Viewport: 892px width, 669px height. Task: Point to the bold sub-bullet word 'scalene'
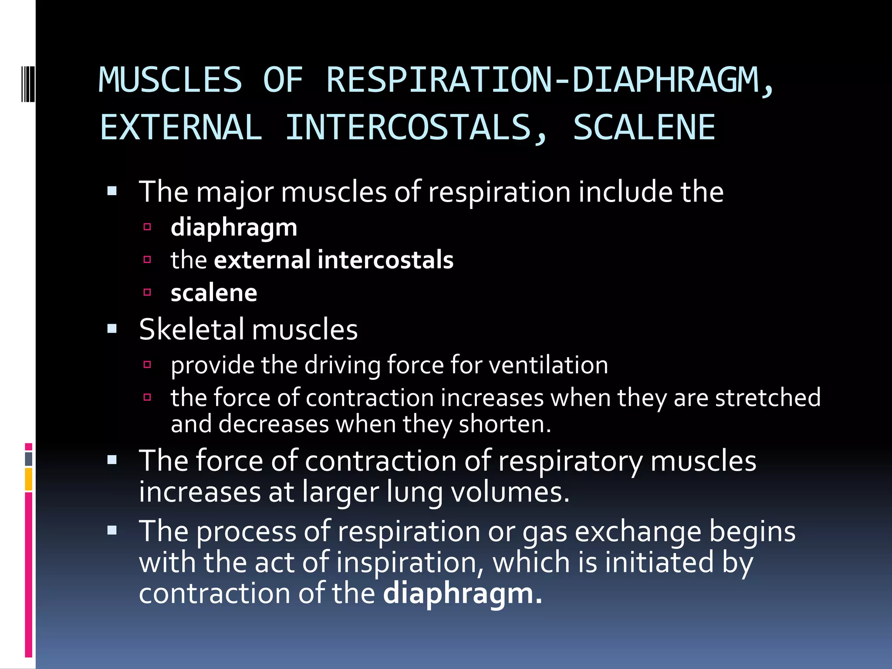tap(213, 293)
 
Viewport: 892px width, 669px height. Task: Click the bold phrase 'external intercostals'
tap(334, 260)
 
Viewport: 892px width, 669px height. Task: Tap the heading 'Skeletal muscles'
tap(248, 329)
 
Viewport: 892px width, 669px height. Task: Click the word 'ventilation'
tap(548, 365)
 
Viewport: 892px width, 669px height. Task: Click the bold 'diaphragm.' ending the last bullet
tap(463, 594)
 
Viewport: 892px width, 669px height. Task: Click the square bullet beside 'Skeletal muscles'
tap(112, 329)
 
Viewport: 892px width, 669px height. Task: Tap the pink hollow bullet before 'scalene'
tap(147, 292)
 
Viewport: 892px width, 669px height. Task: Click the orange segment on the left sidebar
tap(29, 479)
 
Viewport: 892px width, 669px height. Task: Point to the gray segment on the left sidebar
tap(29, 459)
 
